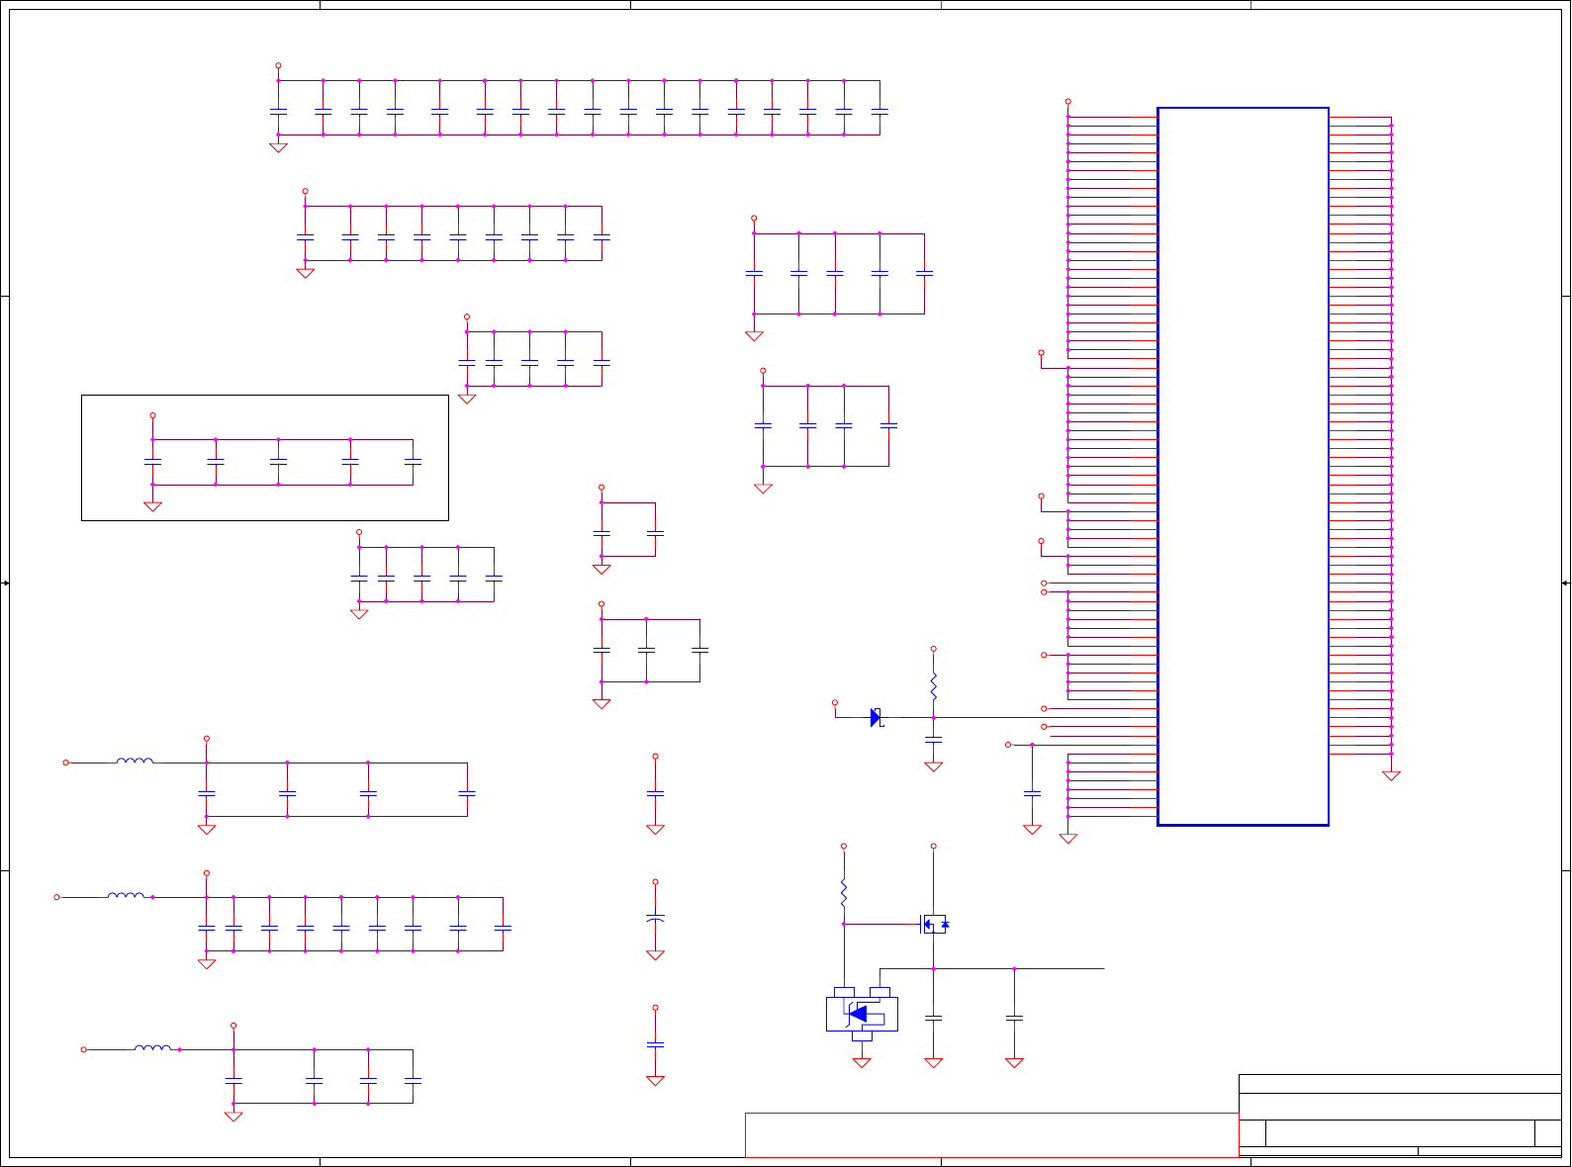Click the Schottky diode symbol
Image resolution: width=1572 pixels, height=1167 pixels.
click(876, 717)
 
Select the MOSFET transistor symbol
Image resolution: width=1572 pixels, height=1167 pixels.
click(933, 924)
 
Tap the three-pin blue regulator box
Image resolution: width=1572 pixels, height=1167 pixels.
click(862, 1014)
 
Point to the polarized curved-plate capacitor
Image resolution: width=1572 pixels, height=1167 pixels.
click(655, 919)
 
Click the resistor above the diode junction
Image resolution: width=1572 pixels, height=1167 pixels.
click(933, 685)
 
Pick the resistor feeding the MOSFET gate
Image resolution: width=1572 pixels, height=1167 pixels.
click(844, 893)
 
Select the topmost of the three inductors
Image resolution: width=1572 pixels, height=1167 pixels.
click(135, 762)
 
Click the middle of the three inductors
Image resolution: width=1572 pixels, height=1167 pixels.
click(126, 896)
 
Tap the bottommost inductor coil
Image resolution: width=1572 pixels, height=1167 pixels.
click(152, 1048)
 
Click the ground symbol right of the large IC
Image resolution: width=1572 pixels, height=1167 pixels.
click(1391, 776)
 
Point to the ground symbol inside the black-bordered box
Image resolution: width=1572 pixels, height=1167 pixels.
click(152, 506)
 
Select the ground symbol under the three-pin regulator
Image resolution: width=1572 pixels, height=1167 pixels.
click(862, 1062)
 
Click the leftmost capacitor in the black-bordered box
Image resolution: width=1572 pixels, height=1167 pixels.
click(152, 462)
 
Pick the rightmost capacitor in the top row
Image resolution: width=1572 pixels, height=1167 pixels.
click(879, 112)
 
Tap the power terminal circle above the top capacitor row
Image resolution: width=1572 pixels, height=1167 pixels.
click(278, 65)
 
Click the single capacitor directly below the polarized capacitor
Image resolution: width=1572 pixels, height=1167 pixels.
click(655, 1044)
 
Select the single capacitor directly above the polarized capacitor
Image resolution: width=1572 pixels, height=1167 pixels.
click(655, 793)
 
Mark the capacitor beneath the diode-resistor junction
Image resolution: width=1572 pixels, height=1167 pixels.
click(933, 740)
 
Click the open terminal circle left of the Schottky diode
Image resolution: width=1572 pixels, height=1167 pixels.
click(834, 702)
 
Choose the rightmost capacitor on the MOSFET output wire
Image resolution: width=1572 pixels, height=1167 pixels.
click(1014, 1018)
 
